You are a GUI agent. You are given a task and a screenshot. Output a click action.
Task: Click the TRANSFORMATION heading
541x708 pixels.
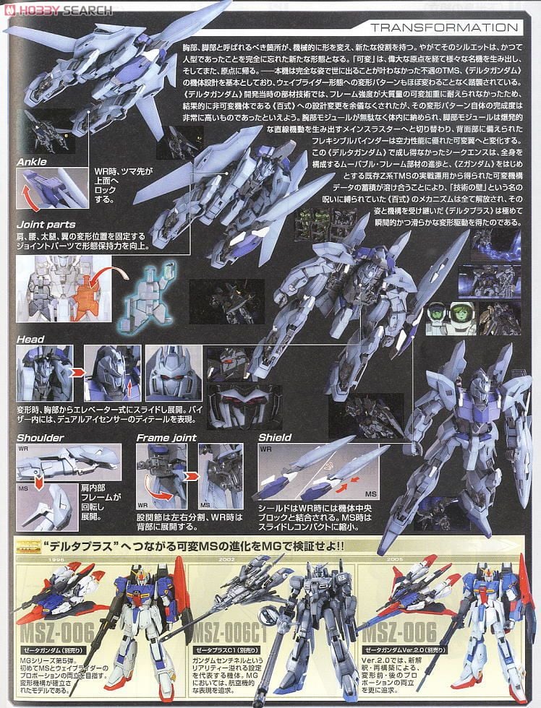point(444,28)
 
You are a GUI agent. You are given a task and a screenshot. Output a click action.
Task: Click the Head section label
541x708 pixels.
point(30,339)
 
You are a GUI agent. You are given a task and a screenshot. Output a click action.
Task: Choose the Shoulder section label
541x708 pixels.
point(41,437)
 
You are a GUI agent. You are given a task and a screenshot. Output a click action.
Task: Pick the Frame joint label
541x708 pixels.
point(166,437)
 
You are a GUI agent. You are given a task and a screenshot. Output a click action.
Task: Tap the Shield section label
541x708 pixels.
point(275,437)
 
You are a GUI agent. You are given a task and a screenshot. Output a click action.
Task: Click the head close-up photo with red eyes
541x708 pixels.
point(173,368)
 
